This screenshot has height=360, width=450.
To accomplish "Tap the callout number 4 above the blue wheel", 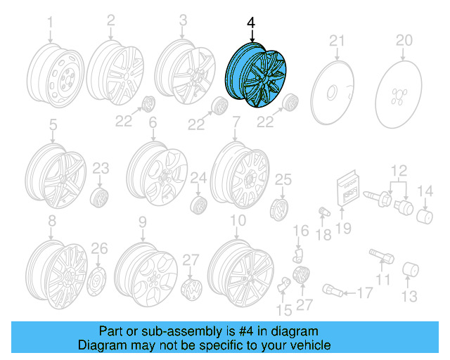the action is click(251, 23).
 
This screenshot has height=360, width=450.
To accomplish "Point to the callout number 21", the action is click(336, 39).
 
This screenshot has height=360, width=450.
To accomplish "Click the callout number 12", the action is click(399, 169).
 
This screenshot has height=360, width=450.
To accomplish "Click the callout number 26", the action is click(100, 247).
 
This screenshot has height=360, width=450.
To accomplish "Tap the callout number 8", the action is click(51, 222).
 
